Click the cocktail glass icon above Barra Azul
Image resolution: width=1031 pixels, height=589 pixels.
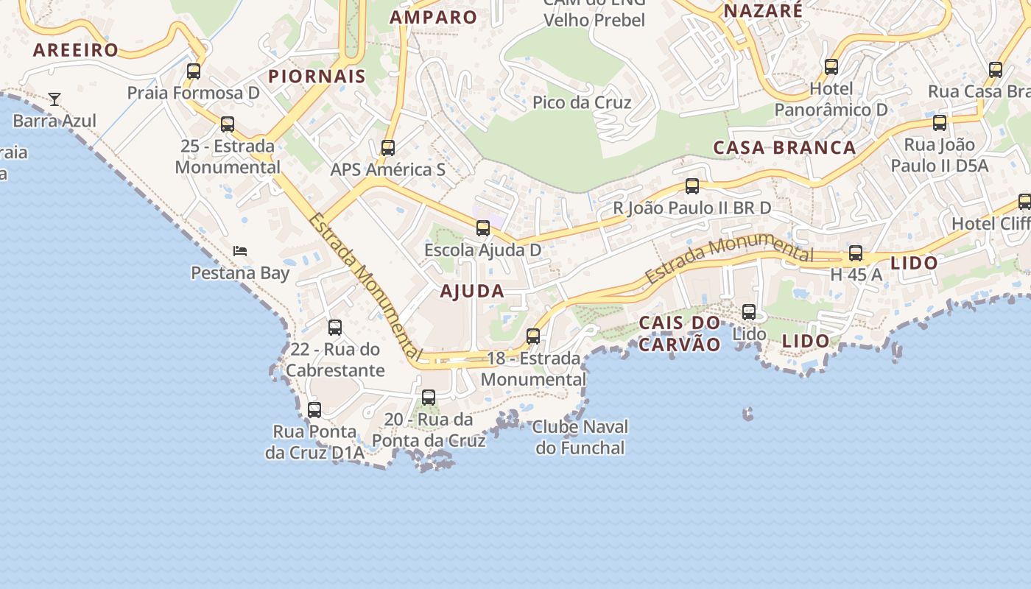click(54, 99)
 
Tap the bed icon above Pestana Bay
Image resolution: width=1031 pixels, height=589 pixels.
click(240, 251)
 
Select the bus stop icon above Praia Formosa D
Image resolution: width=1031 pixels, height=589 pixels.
click(194, 71)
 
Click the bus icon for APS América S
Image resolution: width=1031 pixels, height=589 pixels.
click(388, 148)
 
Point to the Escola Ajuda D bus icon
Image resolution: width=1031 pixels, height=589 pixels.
click(483, 228)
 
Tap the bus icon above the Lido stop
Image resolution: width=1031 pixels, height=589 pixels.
click(749, 312)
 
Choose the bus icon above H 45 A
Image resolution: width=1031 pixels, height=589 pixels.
click(856, 253)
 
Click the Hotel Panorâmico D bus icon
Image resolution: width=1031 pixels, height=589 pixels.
click(831, 67)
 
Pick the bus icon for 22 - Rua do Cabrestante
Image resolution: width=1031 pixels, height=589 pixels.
click(335, 328)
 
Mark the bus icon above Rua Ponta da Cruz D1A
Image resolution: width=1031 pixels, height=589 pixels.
click(314, 410)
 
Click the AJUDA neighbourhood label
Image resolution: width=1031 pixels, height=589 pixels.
click(472, 292)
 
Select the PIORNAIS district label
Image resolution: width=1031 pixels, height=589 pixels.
click(317, 76)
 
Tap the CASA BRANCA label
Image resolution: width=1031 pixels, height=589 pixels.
click(784, 147)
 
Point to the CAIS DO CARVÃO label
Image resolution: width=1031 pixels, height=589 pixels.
click(679, 334)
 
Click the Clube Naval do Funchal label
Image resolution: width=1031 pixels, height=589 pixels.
click(580, 437)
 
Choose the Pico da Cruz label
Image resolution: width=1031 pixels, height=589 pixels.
click(582, 102)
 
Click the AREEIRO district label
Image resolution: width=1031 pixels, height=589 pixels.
click(76, 50)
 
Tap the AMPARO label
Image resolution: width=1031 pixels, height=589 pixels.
click(434, 17)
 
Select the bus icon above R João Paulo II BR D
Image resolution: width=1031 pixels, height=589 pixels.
click(692, 186)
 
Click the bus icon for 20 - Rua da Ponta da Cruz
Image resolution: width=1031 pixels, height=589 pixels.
click(429, 398)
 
